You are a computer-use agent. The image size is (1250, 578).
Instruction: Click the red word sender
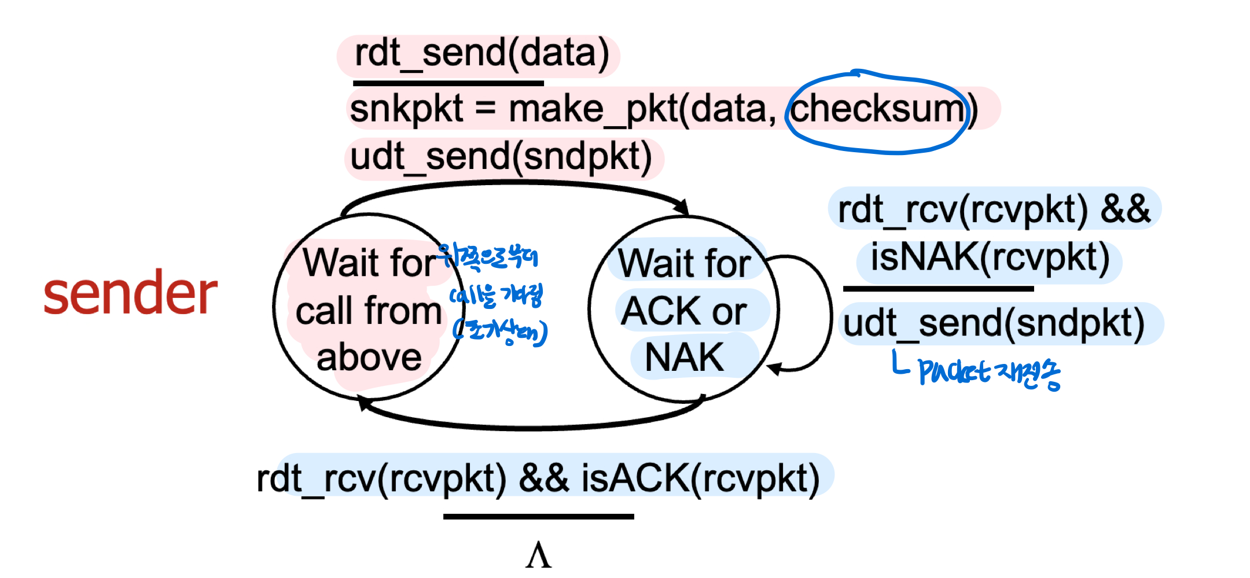[130, 294]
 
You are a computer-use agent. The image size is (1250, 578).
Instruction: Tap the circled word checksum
[876, 109]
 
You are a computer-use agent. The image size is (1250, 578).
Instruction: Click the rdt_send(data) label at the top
[481, 53]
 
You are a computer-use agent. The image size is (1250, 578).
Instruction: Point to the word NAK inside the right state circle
[684, 358]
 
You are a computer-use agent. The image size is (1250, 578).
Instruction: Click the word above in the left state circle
[369, 358]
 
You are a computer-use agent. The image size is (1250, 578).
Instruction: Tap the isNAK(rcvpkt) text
[990, 258]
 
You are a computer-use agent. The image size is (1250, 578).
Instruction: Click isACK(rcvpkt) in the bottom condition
[700, 479]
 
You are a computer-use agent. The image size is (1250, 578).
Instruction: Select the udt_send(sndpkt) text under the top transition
[501, 157]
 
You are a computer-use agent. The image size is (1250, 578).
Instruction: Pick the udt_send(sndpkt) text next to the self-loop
[994, 323]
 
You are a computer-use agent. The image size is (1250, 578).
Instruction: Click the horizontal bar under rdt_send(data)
[448, 83]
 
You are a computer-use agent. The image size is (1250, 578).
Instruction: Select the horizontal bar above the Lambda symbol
[538, 516]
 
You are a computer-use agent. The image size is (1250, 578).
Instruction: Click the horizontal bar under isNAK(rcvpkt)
[938, 288]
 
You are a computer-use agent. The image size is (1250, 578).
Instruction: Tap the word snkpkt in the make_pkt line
[406, 109]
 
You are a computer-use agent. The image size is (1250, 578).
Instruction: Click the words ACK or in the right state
[684, 311]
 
